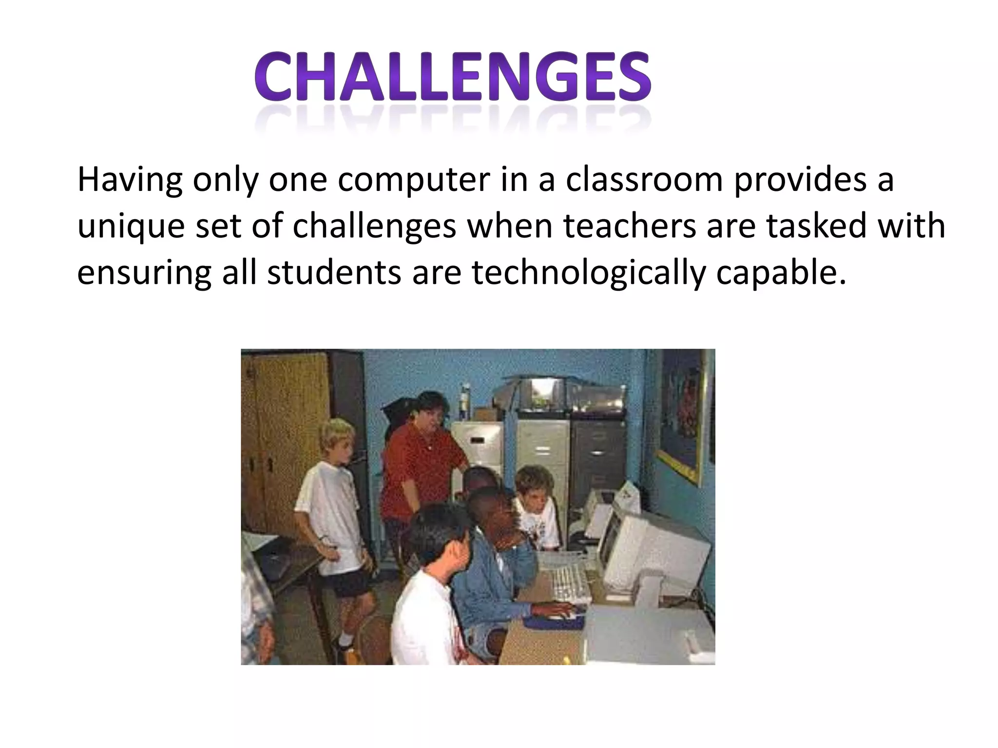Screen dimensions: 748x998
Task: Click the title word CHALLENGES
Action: tap(452, 78)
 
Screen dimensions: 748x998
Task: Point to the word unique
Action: tap(131, 226)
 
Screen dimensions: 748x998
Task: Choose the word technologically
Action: tap(588, 273)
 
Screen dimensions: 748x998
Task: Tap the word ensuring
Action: tap(144, 273)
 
